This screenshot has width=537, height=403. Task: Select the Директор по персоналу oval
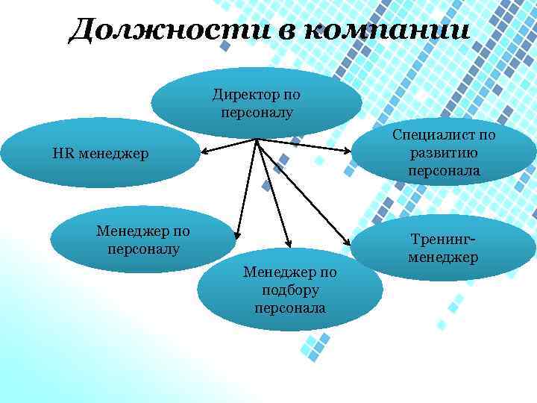point(256,103)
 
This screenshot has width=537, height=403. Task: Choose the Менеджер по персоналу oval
point(142,239)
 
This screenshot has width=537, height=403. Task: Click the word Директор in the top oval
point(245,95)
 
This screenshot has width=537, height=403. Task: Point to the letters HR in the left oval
point(62,154)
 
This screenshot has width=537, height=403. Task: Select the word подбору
point(290,290)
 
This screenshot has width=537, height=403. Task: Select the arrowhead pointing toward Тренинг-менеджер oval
point(347,242)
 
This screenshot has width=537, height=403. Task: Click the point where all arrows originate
point(256,140)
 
